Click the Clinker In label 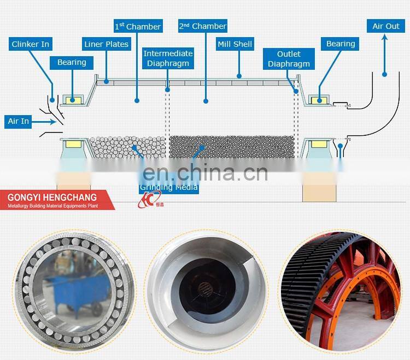tap(31, 44)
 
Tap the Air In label tap(19, 121)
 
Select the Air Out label tap(386, 26)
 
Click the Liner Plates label tap(106, 44)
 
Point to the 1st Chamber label tap(138, 26)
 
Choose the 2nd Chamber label tap(202, 26)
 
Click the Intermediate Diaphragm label tap(168, 58)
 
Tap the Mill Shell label tap(235, 44)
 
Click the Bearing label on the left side tap(72, 62)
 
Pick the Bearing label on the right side tap(341, 44)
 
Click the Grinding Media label tap(169, 187)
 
